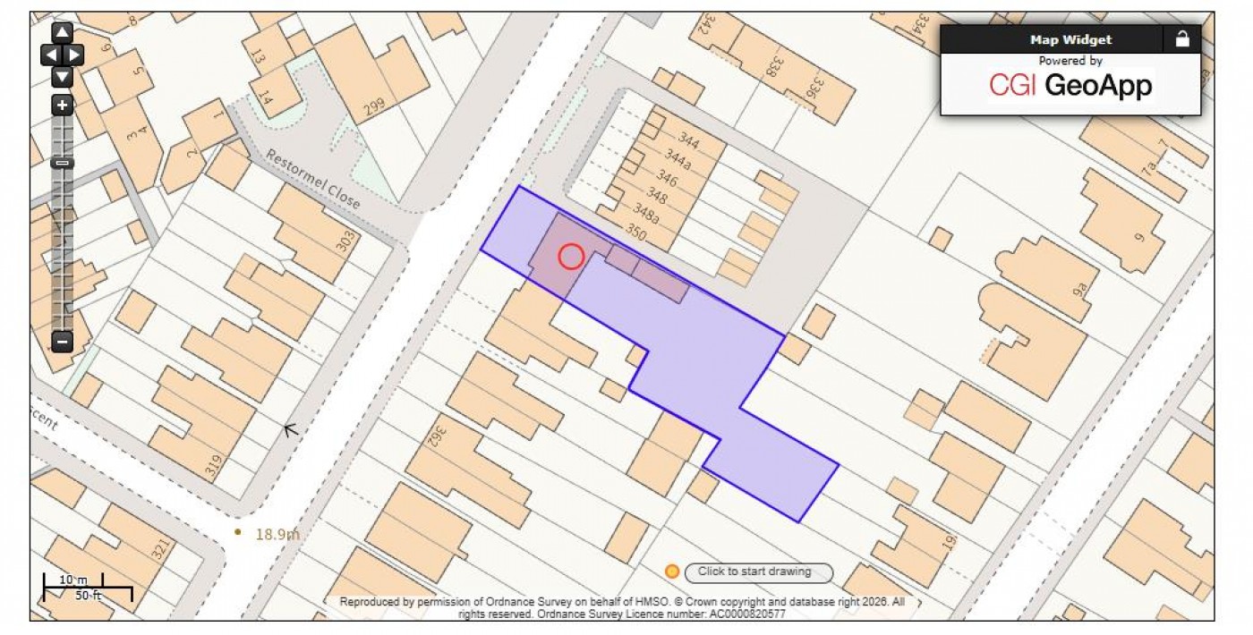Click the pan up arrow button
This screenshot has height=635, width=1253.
pyautogui.click(x=62, y=34)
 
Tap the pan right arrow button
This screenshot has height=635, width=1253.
pyautogui.click(x=74, y=55)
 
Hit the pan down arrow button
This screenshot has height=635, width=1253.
pyautogui.click(x=62, y=77)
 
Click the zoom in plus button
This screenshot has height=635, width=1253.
pyautogui.click(x=62, y=106)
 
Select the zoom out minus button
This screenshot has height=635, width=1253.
pyautogui.click(x=62, y=341)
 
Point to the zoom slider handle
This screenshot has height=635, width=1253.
pyautogui.click(x=62, y=163)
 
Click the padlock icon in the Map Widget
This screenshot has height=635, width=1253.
pyautogui.click(x=1182, y=39)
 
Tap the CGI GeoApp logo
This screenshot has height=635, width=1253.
pyautogui.click(x=1070, y=86)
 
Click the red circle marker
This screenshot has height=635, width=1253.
pyautogui.click(x=571, y=257)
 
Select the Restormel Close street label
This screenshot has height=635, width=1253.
pyautogui.click(x=312, y=180)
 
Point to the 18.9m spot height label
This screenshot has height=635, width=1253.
pyautogui.click(x=277, y=535)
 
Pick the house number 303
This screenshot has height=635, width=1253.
pyautogui.click(x=345, y=241)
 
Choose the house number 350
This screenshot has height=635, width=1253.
pyautogui.click(x=635, y=233)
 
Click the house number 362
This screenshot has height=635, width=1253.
pyautogui.click(x=436, y=436)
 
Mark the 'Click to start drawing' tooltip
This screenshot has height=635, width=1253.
pyautogui.click(x=758, y=571)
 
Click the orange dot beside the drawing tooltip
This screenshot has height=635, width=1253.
pyautogui.click(x=672, y=571)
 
